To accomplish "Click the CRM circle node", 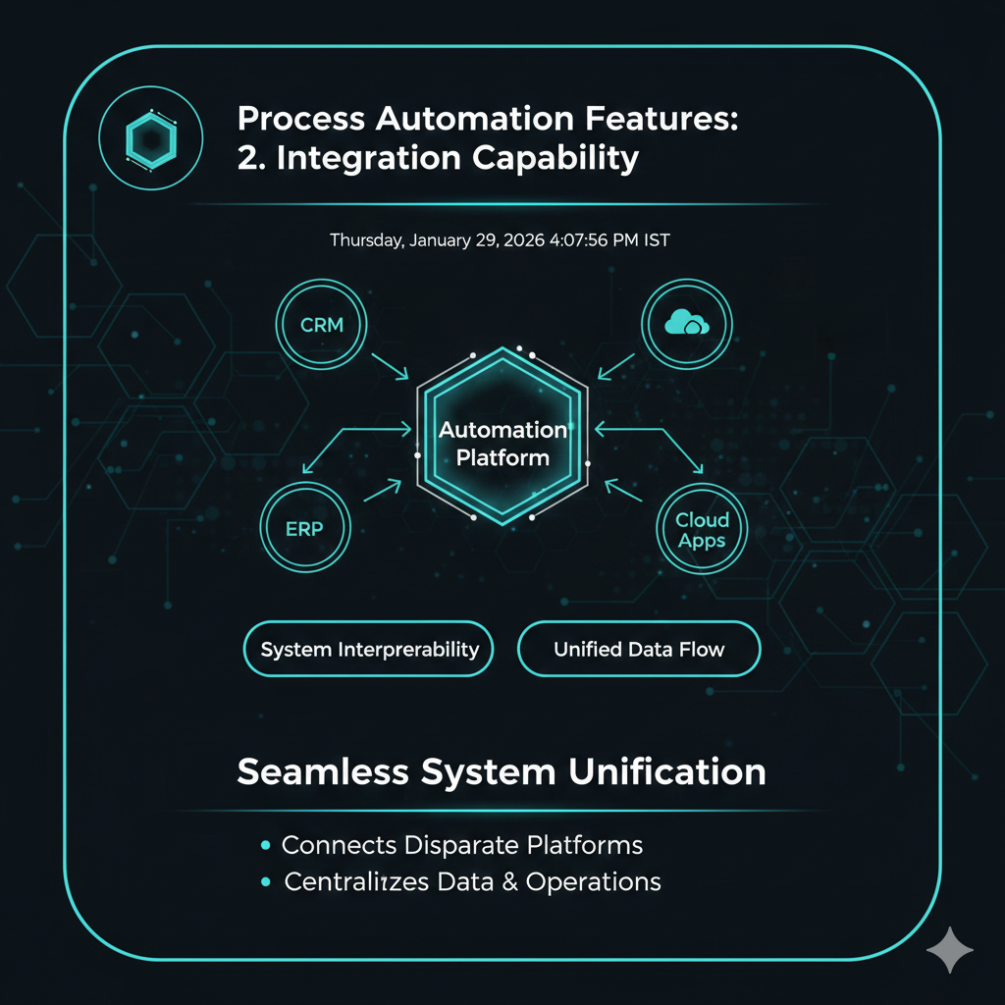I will [x=321, y=324].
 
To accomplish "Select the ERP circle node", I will [x=304, y=528].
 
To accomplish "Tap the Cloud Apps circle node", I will [x=702, y=531].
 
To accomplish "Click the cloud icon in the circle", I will [x=686, y=323].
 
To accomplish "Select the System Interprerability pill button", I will [x=369, y=649].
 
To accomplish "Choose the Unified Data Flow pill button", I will [x=639, y=649].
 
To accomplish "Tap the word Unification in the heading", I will [x=667, y=771].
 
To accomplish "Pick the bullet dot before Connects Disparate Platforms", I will [x=265, y=845].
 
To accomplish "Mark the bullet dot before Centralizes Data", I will [x=265, y=882].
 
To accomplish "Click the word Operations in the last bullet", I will [x=593, y=882].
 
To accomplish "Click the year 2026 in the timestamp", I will [x=521, y=239].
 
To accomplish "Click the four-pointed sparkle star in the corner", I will [x=950, y=949].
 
